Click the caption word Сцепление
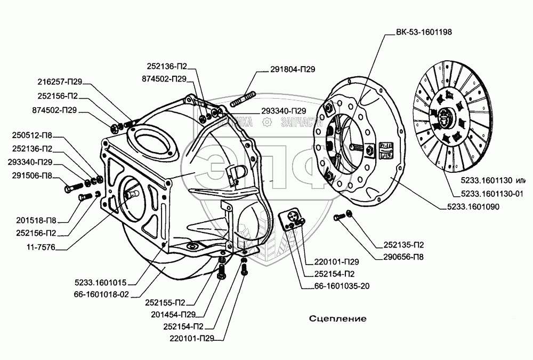click(338, 318)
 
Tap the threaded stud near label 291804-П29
click(243, 99)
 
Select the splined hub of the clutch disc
click(443, 115)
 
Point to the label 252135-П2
click(404, 246)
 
